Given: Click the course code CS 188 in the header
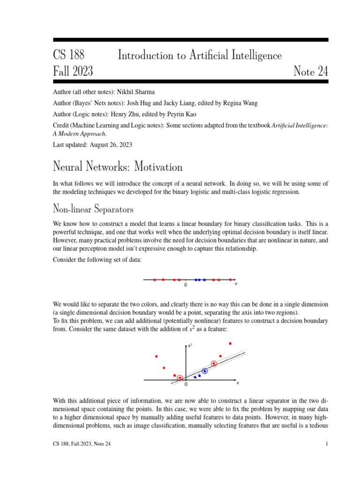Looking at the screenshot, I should (x=68, y=55).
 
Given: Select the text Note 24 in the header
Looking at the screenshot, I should (x=310, y=71).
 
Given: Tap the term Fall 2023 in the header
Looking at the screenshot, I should (x=73, y=71).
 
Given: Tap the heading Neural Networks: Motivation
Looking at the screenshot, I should (x=118, y=166).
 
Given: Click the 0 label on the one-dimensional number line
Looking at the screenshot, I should (x=186, y=285).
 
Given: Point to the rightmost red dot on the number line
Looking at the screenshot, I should (x=230, y=280).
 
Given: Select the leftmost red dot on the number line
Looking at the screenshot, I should (x=155, y=280).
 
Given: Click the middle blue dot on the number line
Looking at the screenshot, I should (x=199, y=280).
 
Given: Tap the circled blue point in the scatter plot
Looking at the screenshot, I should (x=205, y=371).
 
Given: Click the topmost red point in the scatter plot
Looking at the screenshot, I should (x=230, y=344).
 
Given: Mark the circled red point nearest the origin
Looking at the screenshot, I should (x=180, y=378).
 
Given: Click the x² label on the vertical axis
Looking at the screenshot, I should (x=190, y=346).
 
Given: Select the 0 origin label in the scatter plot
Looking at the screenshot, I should (x=186, y=385).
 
